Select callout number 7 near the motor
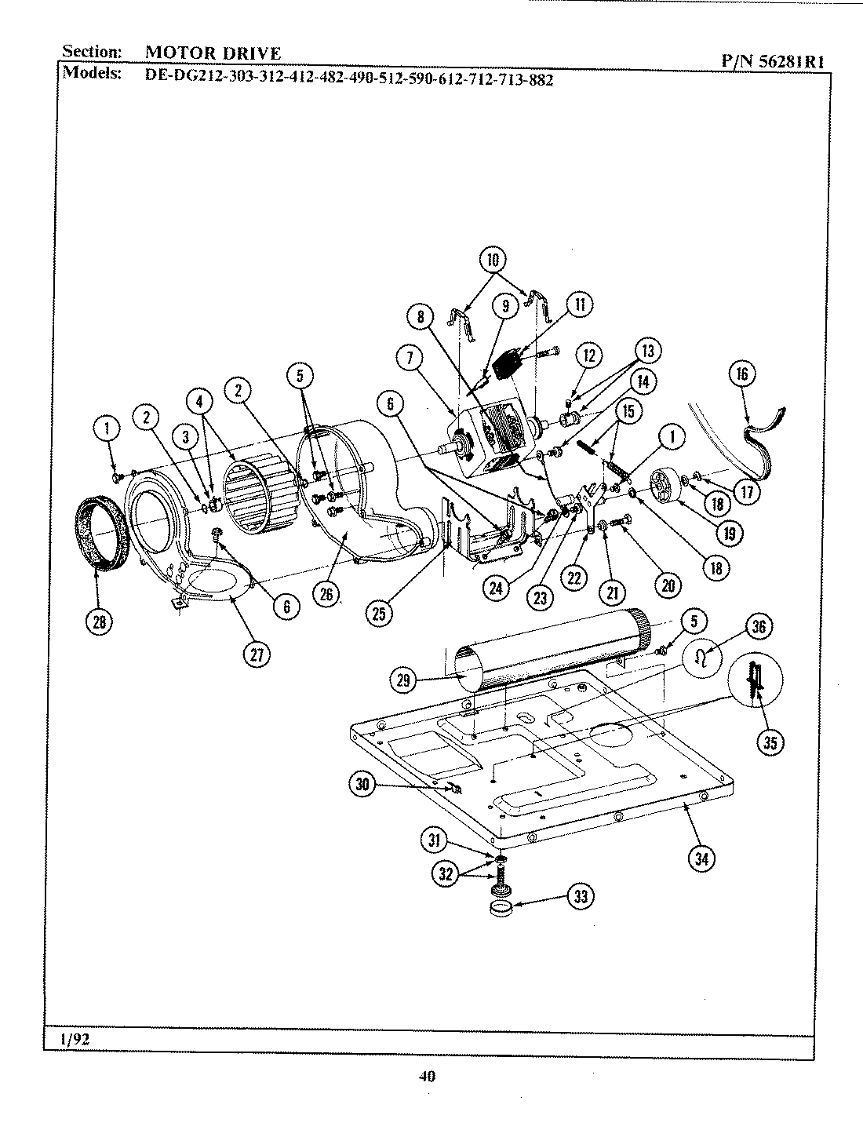(409, 359)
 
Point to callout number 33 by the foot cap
(580, 897)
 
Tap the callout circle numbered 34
(701, 858)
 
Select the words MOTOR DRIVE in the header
(213, 53)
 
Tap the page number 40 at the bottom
(427, 1077)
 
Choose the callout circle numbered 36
(759, 626)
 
